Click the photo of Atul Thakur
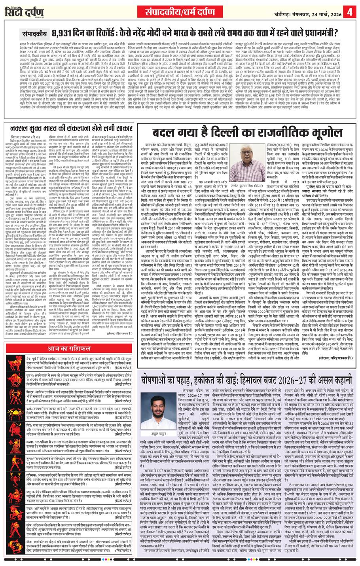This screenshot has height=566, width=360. click(158, 408)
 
